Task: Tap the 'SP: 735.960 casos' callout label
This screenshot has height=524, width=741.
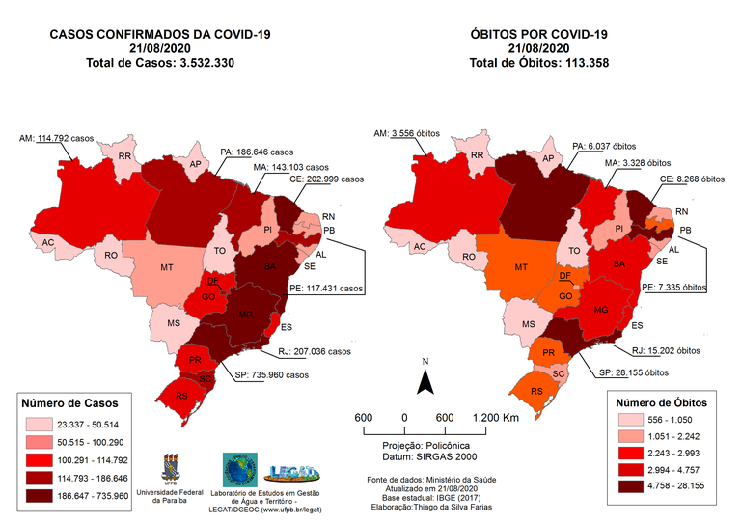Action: [x=273, y=375]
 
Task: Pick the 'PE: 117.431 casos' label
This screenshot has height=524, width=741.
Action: [x=329, y=287]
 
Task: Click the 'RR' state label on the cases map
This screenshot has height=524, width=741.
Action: [x=124, y=155]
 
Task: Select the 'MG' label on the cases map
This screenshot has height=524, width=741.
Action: [x=245, y=315]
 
